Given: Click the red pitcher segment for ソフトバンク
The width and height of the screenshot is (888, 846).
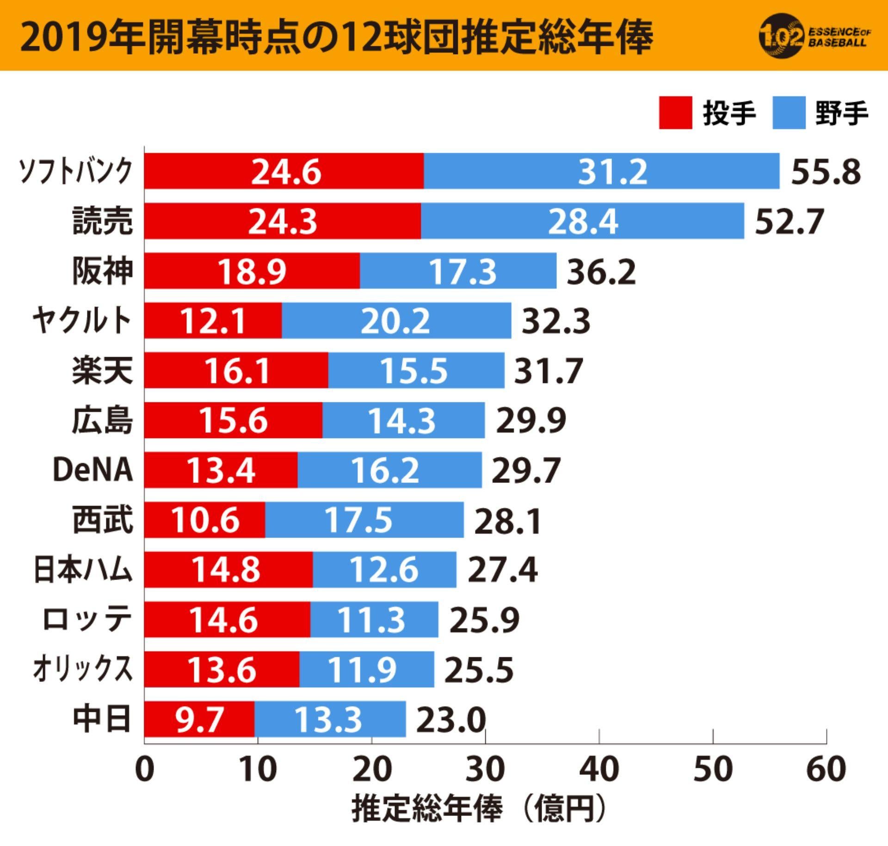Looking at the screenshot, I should coord(284,171).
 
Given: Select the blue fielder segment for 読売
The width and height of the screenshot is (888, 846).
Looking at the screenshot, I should coord(582,221).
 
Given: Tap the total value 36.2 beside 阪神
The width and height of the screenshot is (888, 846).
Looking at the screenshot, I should coord(601,272).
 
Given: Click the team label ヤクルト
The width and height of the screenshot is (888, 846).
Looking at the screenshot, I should coord(82,321).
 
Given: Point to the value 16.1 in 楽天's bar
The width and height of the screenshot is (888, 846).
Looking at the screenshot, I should coord(236,371).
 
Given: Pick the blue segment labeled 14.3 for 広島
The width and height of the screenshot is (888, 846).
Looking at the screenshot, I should coord(403,420).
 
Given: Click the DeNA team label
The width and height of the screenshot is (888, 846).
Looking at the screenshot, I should coord(92,470).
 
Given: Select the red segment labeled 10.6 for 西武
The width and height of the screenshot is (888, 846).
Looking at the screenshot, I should coord(205,520).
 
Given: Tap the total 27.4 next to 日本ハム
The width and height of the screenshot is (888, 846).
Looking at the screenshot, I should coord(502,570).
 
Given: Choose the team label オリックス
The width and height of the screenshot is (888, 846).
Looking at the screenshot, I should coord(82,669).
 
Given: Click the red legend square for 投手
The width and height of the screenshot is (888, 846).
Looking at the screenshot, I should coord(675,113).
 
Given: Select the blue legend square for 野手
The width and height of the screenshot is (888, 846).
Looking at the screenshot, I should coord(789,113).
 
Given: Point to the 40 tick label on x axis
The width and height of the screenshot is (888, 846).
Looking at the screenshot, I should coord(599,769).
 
